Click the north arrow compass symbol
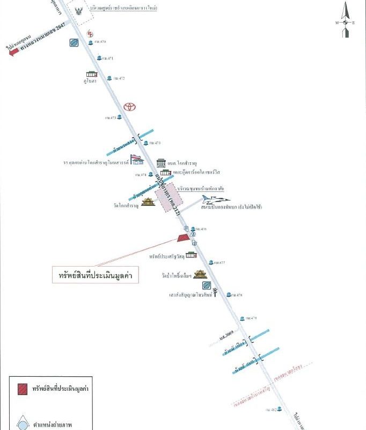point(346,20)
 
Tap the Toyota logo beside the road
point(129,106)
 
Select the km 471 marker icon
point(99,58)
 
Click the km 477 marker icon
point(211,262)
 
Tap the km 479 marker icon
point(242,318)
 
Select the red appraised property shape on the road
point(184,237)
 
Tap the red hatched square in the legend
point(23,388)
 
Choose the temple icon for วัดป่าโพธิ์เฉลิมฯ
point(200,275)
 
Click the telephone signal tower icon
point(215,292)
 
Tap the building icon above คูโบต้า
point(92,74)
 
